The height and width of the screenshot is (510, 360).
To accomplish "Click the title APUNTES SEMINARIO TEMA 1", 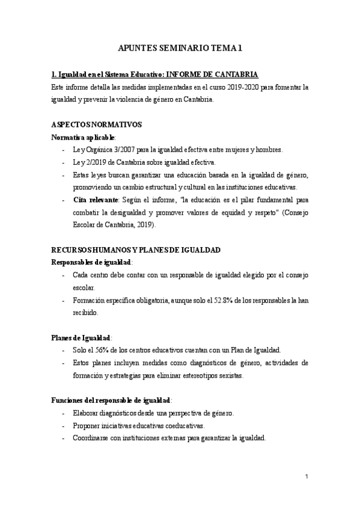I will pyautogui.click(x=180, y=49).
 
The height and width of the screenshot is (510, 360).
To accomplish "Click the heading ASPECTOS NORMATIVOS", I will pyautogui.click(x=96, y=125).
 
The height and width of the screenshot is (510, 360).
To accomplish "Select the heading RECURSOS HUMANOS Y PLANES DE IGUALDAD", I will pyautogui.click(x=136, y=250).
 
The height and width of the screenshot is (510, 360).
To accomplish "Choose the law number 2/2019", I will pyautogui.click(x=93, y=162).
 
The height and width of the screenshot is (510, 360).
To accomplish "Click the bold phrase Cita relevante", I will pyautogui.click(x=94, y=200).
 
